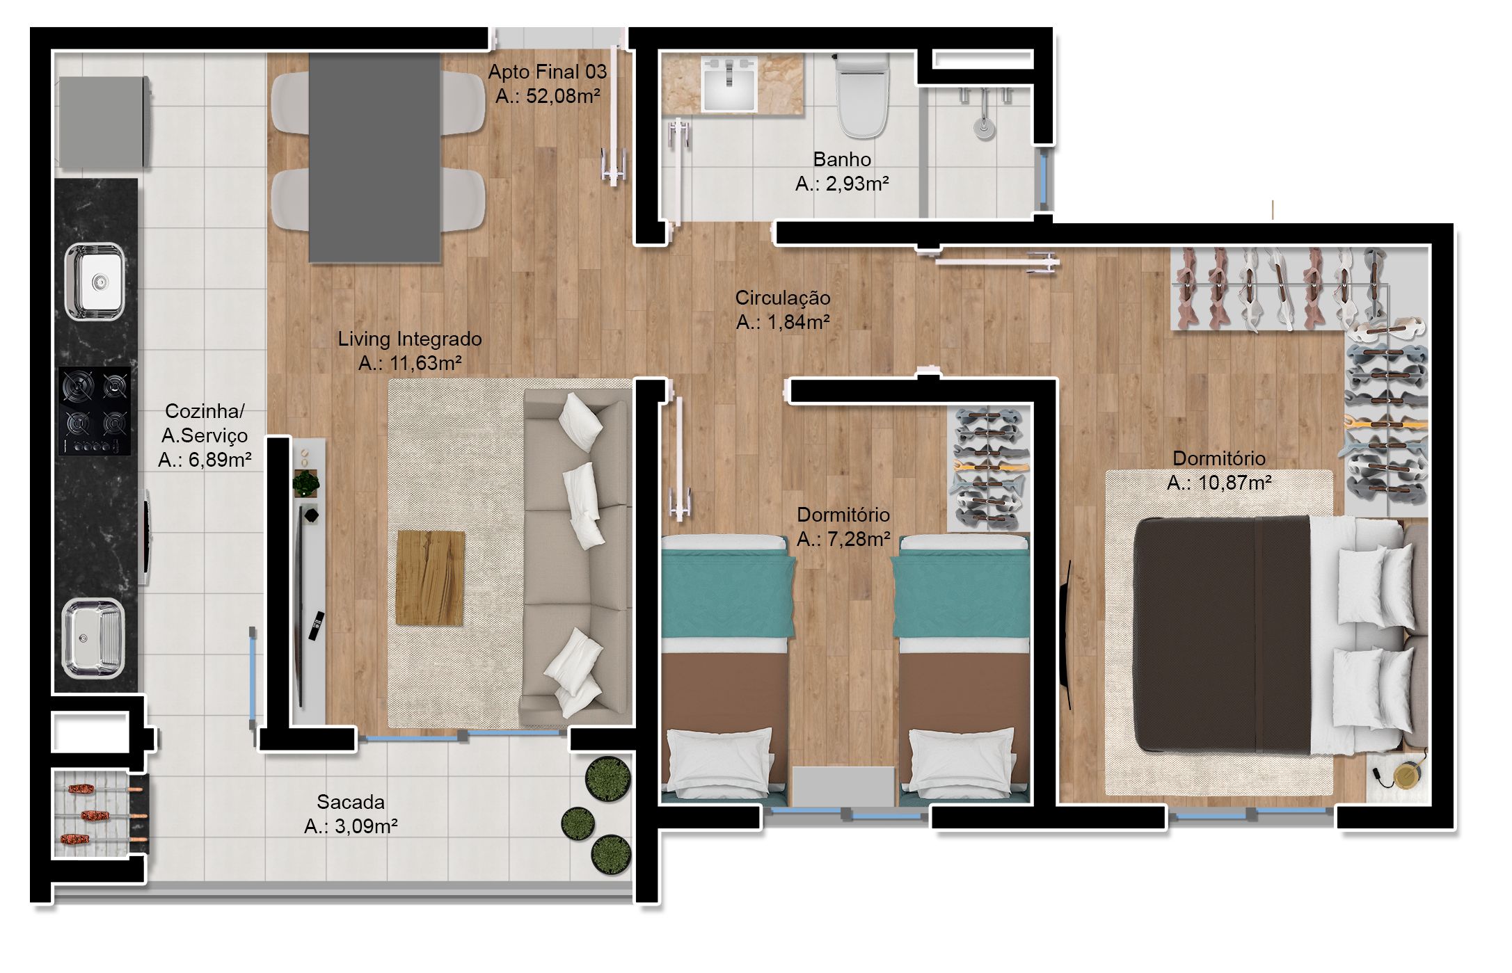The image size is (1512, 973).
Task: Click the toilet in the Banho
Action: pyautogui.click(x=862, y=95)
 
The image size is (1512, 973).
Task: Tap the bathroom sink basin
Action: pyautogui.click(x=729, y=84)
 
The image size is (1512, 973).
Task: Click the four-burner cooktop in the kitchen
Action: pyautogui.click(x=95, y=412)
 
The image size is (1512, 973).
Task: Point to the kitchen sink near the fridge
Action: pyautogui.click(x=95, y=281)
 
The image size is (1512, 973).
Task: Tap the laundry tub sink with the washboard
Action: pyautogui.click(x=93, y=638)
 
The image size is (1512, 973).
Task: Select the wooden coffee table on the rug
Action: pyautogui.click(x=430, y=577)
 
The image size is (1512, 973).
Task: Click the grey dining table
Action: pyautogui.click(x=374, y=157)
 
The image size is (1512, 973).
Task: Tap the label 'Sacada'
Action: pyautogui.click(x=351, y=802)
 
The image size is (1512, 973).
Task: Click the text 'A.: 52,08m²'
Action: pyautogui.click(x=548, y=96)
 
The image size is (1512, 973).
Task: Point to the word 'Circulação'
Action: pyautogui.click(x=783, y=298)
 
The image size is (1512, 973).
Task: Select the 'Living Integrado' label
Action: pyautogui.click(x=410, y=339)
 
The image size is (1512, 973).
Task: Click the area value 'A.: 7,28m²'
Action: pyautogui.click(x=843, y=539)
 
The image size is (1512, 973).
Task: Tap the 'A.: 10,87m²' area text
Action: pyautogui.click(x=1219, y=483)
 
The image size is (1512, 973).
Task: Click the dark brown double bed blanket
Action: pyautogui.click(x=1222, y=634)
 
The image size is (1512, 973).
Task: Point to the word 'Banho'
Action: pyautogui.click(x=842, y=159)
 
